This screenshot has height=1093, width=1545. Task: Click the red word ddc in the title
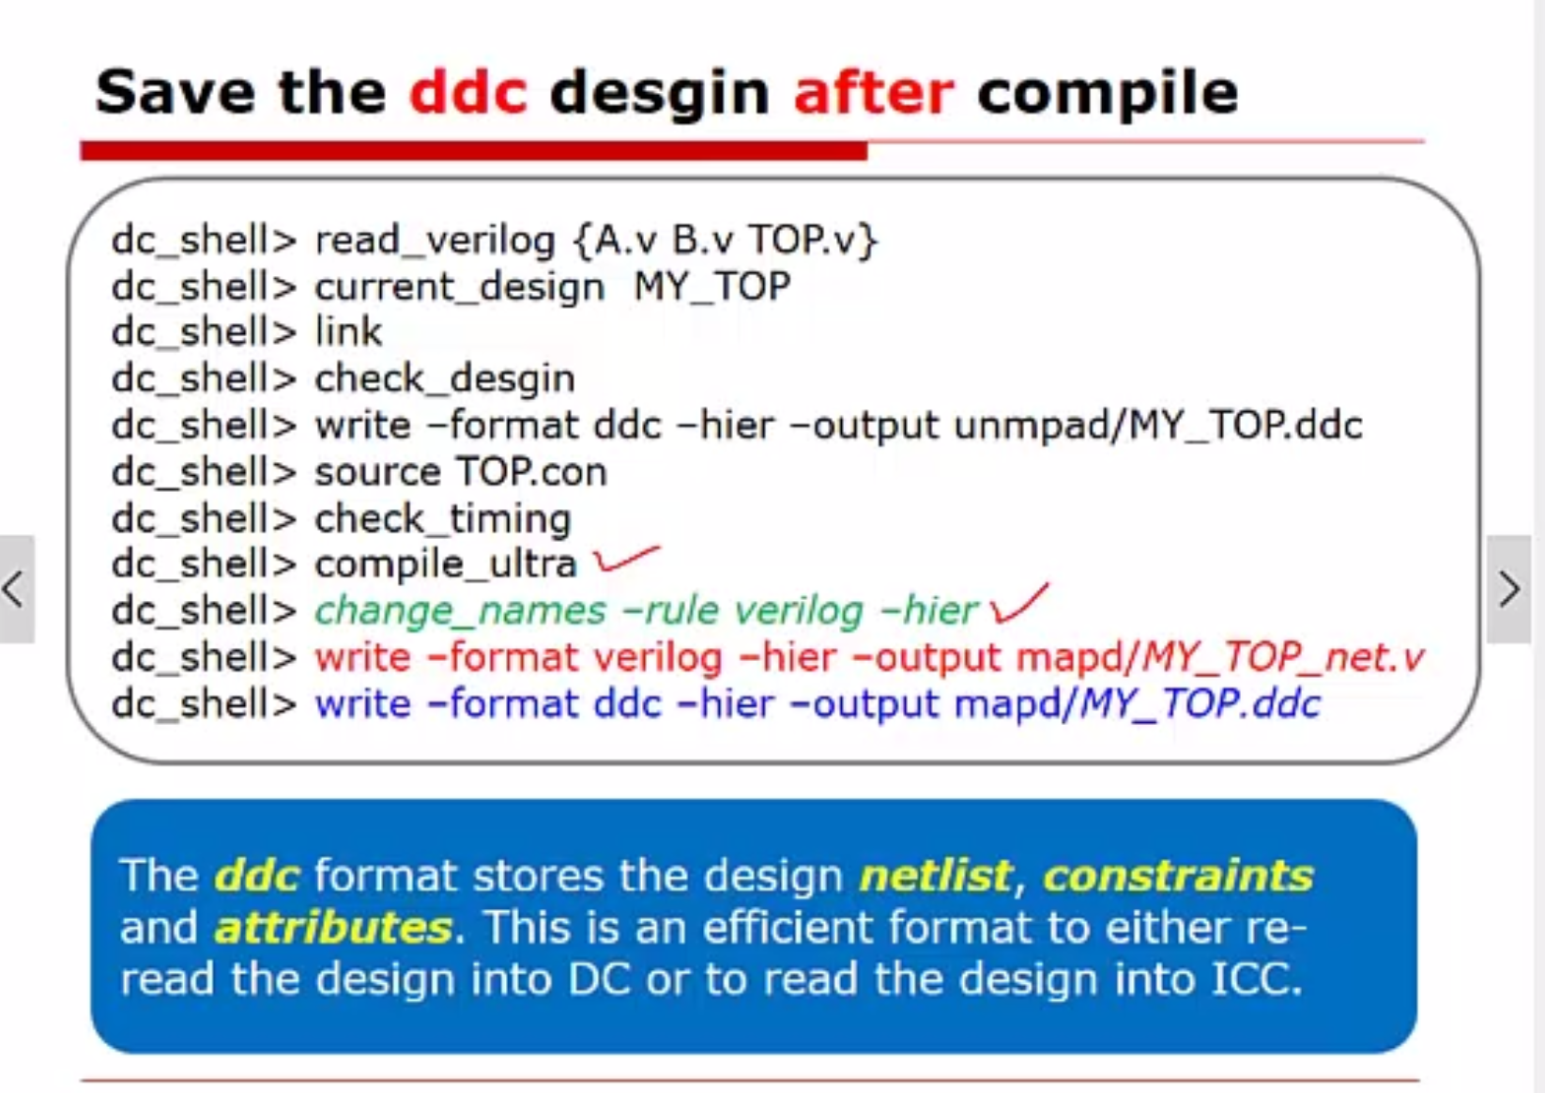(x=468, y=91)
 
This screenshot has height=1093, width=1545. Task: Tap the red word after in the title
(x=874, y=91)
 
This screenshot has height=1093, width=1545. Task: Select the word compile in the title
(x=1108, y=94)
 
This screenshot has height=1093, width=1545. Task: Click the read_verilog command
(x=436, y=240)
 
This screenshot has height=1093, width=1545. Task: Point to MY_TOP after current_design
(x=711, y=285)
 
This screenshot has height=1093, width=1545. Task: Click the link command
(x=348, y=331)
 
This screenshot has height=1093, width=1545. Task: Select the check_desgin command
(x=445, y=378)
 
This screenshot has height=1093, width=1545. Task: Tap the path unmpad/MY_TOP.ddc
(x=1158, y=425)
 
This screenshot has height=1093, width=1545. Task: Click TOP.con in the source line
(x=531, y=472)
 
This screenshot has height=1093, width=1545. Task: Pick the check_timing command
(x=443, y=519)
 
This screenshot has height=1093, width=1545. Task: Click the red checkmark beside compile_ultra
(x=626, y=558)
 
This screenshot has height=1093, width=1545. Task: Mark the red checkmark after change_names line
(x=1018, y=603)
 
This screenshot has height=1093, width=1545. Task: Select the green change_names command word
(x=461, y=611)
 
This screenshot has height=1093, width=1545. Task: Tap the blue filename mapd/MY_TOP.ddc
(x=1138, y=704)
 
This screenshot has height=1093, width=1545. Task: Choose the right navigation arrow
(x=1509, y=589)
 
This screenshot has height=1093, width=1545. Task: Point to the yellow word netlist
(x=935, y=875)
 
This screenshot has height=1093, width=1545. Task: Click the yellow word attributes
(x=334, y=927)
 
